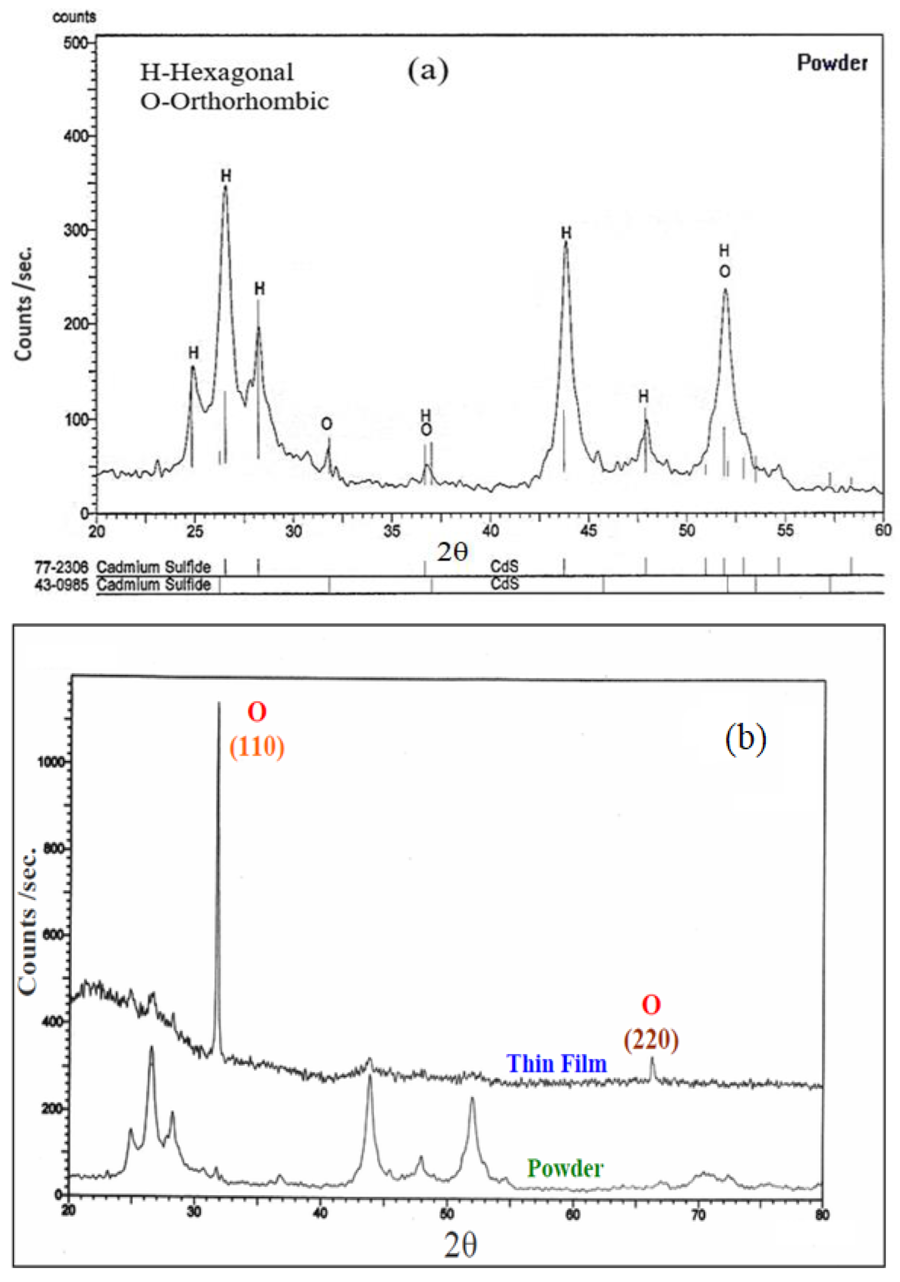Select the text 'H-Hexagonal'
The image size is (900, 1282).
pyautogui.click(x=217, y=73)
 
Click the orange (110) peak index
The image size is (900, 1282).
pyautogui.click(x=257, y=747)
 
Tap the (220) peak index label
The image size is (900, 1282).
pyautogui.click(x=651, y=1040)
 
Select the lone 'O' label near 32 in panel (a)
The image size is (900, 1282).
pyautogui.click(x=327, y=424)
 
